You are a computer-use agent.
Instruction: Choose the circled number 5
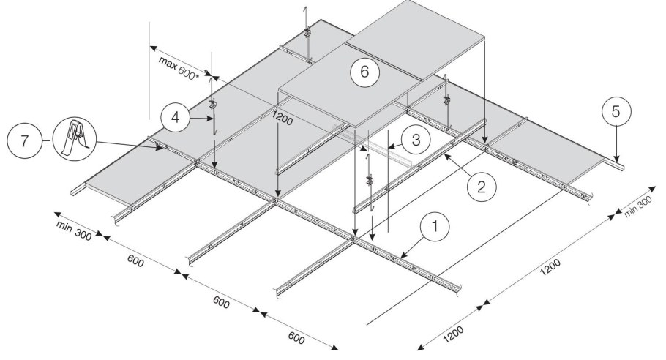point(616,114)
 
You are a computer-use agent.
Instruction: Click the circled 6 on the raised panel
point(364,72)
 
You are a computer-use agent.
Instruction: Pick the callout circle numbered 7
point(26,138)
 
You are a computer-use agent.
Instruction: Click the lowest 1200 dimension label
point(454,331)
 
